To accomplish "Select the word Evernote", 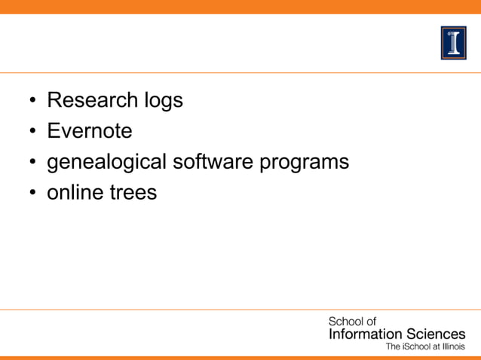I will (x=89, y=131).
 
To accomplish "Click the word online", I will (x=72, y=193).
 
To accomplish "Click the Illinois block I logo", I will (x=453, y=42).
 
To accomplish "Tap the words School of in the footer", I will (x=351, y=322).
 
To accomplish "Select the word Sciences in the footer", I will (x=436, y=334).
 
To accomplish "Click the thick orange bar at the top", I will (x=240, y=7).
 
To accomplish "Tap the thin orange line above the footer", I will (x=240, y=309).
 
